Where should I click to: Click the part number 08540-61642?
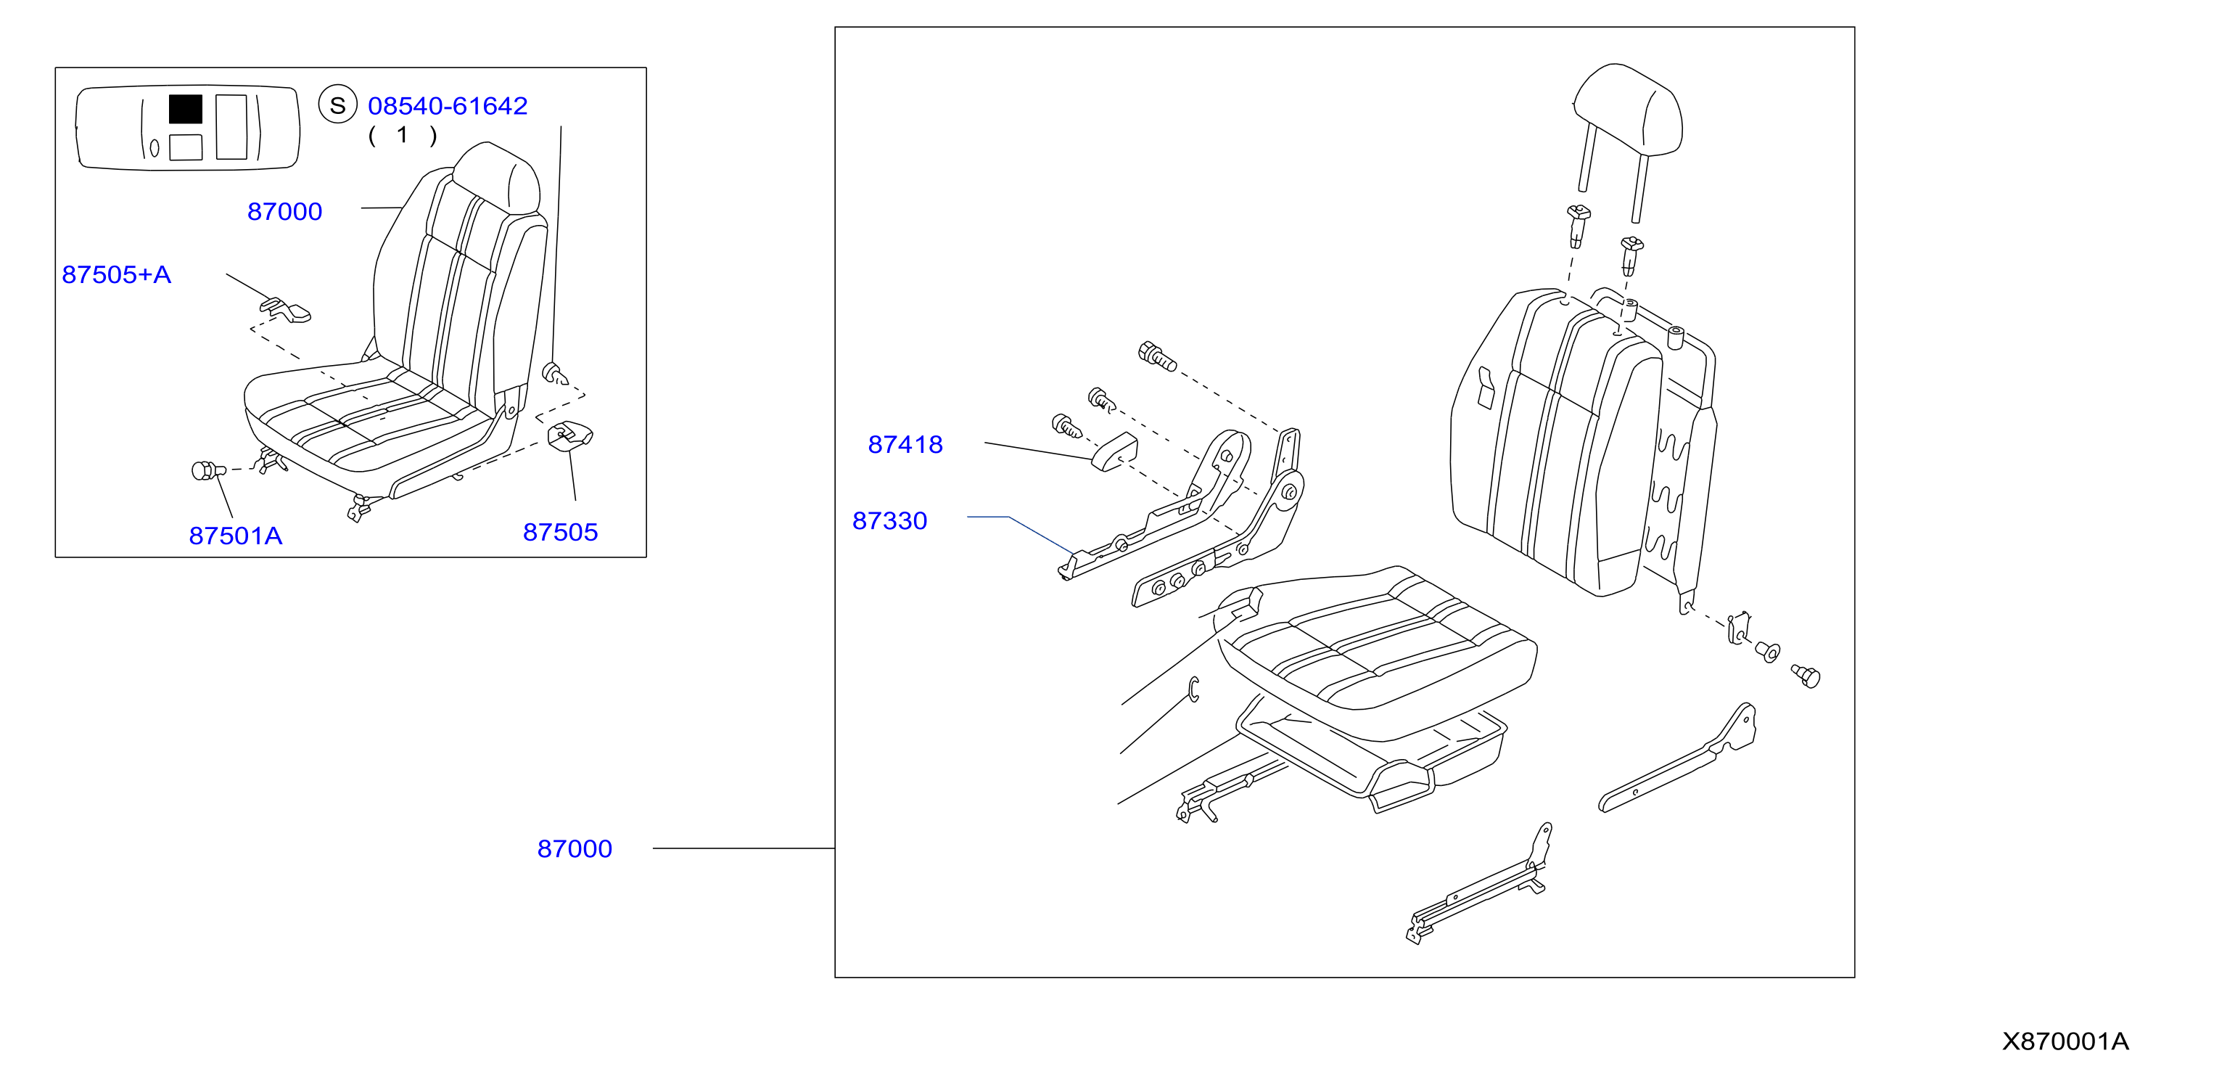447,106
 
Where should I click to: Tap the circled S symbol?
338,105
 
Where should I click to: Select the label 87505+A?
116,275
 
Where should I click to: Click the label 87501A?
236,536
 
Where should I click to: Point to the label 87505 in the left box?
560,532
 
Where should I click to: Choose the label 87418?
905,444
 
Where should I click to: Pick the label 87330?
889,521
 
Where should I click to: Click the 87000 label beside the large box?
575,849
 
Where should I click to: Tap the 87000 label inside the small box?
284,211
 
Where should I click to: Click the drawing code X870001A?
2065,1041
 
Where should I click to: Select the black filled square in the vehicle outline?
186,109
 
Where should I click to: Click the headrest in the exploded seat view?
1627,112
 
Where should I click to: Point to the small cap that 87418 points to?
1114,453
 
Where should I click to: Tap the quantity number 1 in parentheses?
402,135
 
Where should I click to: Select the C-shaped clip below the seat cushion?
1194,689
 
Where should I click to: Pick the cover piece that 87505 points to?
570,435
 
